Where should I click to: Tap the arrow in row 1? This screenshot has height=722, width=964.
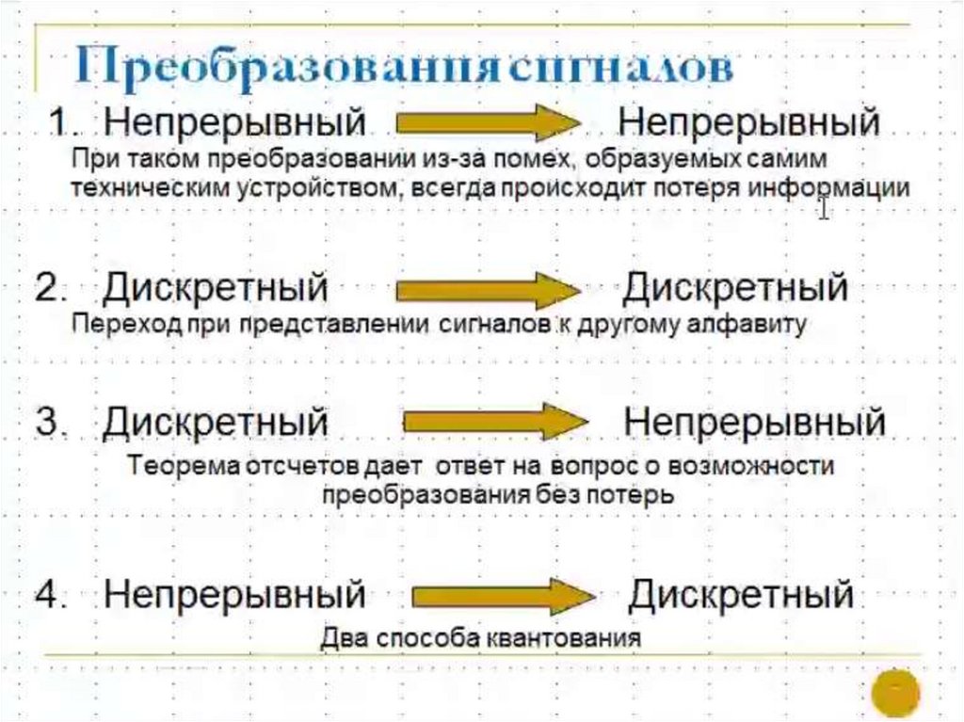coord(486,123)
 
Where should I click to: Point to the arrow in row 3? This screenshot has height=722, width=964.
coord(496,422)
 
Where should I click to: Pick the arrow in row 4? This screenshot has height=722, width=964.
coord(502,595)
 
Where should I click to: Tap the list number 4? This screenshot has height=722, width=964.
coord(50,595)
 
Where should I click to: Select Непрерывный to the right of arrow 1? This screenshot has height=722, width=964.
coord(748,123)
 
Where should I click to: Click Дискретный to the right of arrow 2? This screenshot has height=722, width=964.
coord(735,287)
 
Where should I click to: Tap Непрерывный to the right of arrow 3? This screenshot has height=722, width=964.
coord(754,422)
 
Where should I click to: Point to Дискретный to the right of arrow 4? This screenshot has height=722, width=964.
coord(740,595)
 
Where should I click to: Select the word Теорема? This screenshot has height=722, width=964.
coord(187,466)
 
